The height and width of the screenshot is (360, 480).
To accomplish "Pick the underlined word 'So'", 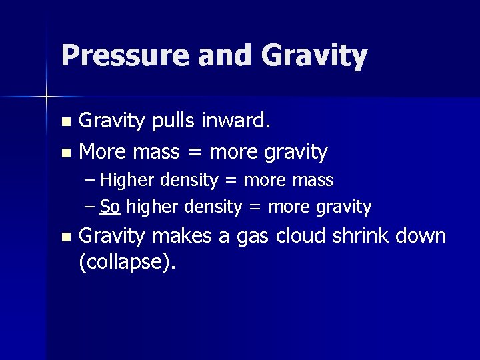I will click(110, 207).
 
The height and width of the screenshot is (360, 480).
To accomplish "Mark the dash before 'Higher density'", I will click(91, 181).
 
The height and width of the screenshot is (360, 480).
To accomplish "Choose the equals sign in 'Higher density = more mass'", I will click(233, 181).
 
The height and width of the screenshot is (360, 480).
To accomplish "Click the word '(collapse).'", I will click(127, 261).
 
